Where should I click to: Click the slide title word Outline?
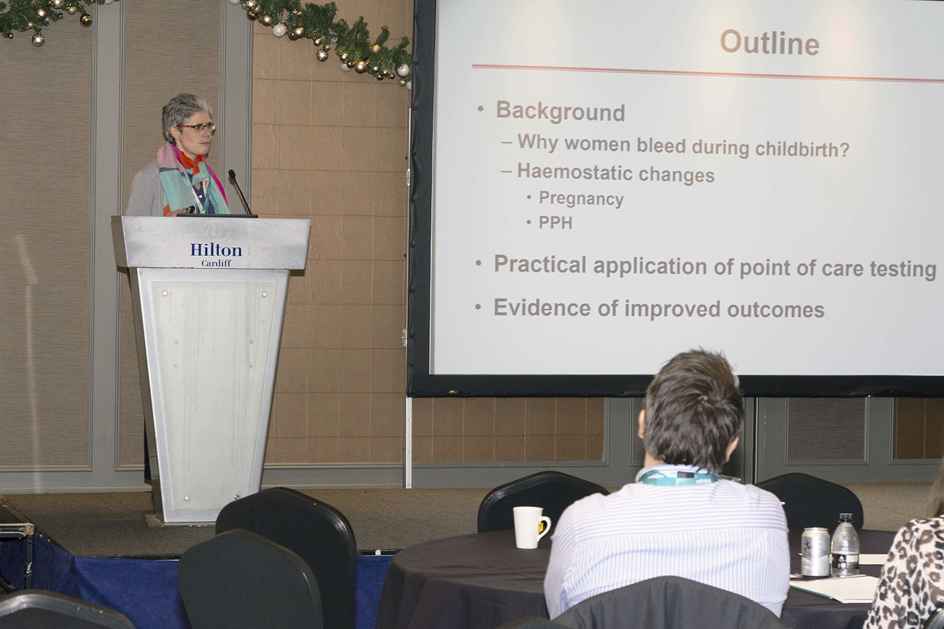coord(770,43)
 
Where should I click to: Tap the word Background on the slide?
coord(560,111)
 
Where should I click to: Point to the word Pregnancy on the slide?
coord(581,199)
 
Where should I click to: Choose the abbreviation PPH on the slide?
coord(556,223)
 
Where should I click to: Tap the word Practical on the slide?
coord(540,264)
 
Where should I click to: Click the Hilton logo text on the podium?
coord(216,250)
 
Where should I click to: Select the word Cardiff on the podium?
coord(216,264)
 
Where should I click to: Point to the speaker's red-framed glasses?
coord(197,127)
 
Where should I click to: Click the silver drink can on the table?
coord(815,551)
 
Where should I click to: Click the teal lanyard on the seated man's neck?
coord(677,477)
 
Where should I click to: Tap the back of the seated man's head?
coord(692,409)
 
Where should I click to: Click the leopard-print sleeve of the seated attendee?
coord(906,577)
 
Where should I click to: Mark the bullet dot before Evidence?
coord(478,307)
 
